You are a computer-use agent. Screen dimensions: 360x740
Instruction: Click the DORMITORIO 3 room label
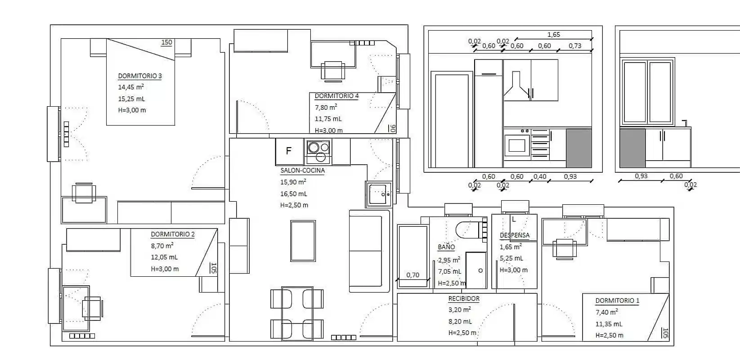[x=139, y=76]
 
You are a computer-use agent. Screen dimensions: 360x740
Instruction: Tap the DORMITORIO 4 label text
[x=336, y=96]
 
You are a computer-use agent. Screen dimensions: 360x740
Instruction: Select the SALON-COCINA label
[x=302, y=171]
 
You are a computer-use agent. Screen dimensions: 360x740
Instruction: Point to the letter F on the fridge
[x=289, y=151]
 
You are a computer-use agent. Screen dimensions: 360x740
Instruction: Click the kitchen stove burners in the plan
[x=318, y=151]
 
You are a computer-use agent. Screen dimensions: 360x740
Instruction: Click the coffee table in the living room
[x=303, y=241]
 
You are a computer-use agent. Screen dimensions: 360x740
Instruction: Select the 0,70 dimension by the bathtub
[x=413, y=275]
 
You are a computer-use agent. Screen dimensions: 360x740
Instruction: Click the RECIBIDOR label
[x=464, y=298]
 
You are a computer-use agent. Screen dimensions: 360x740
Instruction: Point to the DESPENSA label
[x=515, y=235]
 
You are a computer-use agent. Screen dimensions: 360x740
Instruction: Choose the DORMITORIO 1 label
[x=617, y=301]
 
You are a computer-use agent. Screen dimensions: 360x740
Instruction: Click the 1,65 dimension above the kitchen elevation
[x=553, y=35]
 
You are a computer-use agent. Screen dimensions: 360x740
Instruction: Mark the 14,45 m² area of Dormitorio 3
[x=131, y=87]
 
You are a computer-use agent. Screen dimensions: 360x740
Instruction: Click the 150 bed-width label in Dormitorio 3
[x=166, y=42]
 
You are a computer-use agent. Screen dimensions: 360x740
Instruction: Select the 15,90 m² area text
[x=293, y=182]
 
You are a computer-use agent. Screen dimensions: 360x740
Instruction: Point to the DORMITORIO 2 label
[x=173, y=234]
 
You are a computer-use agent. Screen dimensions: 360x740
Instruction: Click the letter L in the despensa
[x=514, y=220]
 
